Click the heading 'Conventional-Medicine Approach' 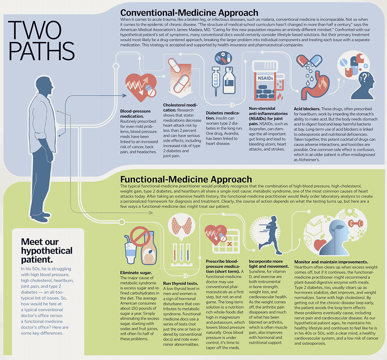pos(189,12)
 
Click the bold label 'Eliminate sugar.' pos(136,273)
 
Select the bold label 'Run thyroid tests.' pos(181,284)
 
